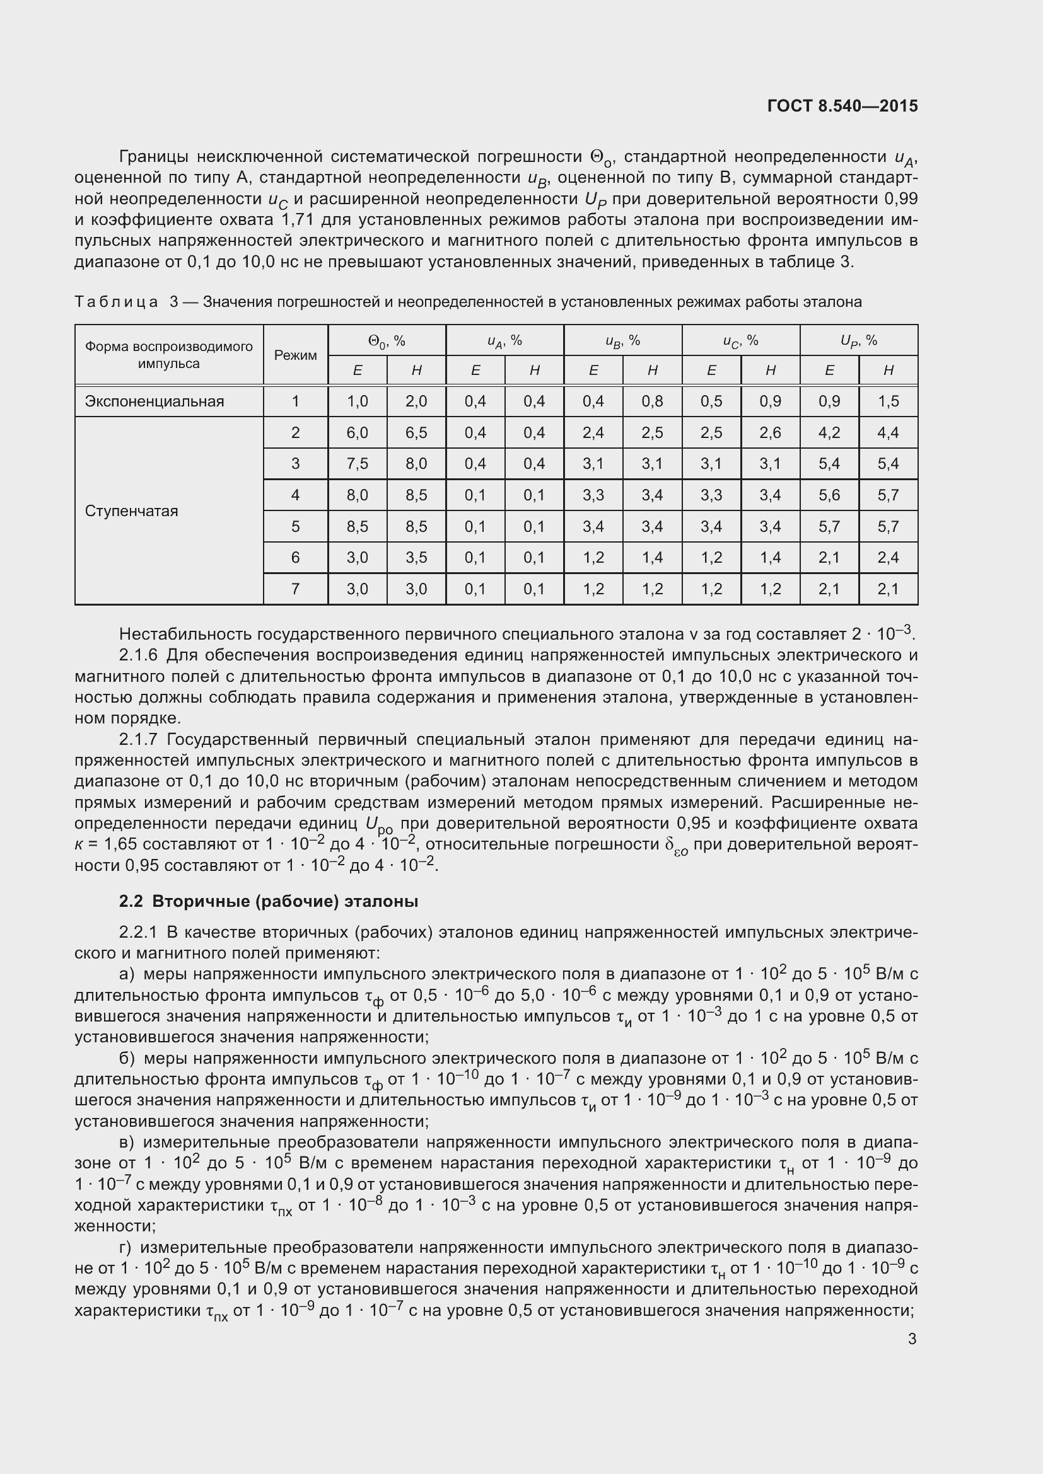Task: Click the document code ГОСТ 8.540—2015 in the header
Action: tap(842, 106)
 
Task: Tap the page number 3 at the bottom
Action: tap(912, 1339)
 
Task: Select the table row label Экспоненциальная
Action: tap(154, 402)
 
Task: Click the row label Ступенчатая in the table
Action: tap(131, 511)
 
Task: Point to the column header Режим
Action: tap(295, 355)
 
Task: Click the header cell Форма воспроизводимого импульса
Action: tap(169, 355)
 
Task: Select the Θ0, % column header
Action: tap(387, 341)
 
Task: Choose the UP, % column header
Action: tap(859, 341)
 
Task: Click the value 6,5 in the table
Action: tap(416, 433)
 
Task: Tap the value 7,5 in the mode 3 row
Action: tap(357, 464)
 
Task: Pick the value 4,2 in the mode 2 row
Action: tap(829, 433)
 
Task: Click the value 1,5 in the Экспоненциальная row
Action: tap(889, 402)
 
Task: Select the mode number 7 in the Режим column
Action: tap(295, 589)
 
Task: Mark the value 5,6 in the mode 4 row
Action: tap(829, 495)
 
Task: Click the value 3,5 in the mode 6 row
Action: tap(416, 557)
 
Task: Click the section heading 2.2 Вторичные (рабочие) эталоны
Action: tap(269, 902)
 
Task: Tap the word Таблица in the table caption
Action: tap(116, 302)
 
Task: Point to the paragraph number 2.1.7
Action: tap(138, 740)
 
